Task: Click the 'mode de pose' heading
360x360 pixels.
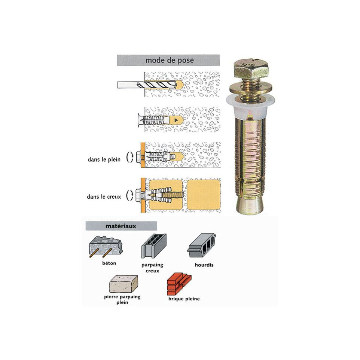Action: coord(170,60)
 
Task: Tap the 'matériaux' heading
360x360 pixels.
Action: coord(121,226)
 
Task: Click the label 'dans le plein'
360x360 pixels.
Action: coord(104,159)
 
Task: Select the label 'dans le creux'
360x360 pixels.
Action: coord(104,196)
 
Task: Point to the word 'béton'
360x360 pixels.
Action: coord(109,263)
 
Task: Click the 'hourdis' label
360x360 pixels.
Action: coord(204,265)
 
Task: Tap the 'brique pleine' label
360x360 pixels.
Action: coord(184,299)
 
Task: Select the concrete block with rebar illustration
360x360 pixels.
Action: coord(106,247)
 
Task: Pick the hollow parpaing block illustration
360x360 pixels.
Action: coord(154,246)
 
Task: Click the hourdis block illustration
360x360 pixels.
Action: coord(202,245)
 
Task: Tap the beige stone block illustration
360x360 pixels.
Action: coord(123,284)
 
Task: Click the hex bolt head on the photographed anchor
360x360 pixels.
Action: coord(251,68)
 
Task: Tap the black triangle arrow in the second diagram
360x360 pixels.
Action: coord(176,120)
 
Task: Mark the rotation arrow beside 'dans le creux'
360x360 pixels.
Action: coord(130,195)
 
